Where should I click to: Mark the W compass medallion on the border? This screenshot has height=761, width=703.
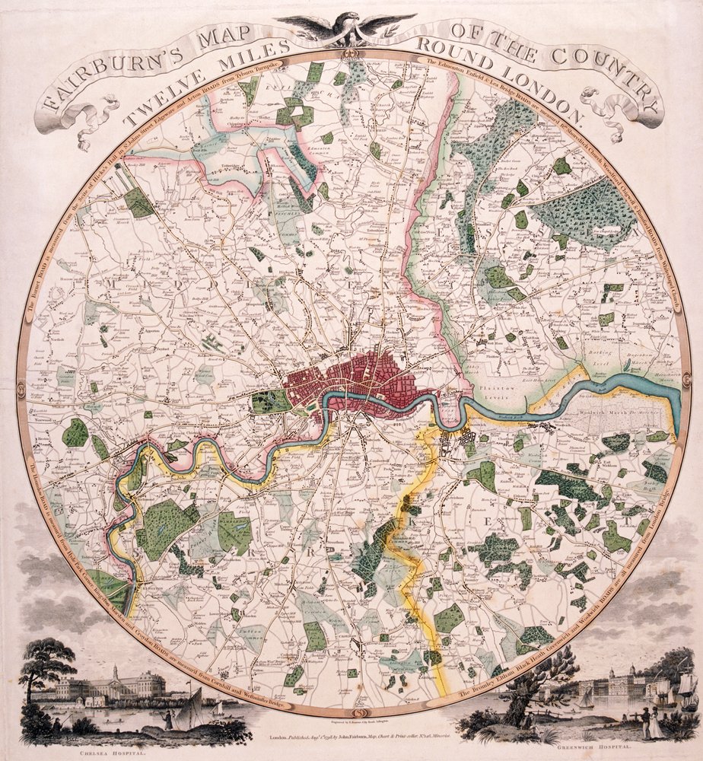coord(22,380)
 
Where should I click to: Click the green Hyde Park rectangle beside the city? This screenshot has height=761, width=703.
coord(271,401)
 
